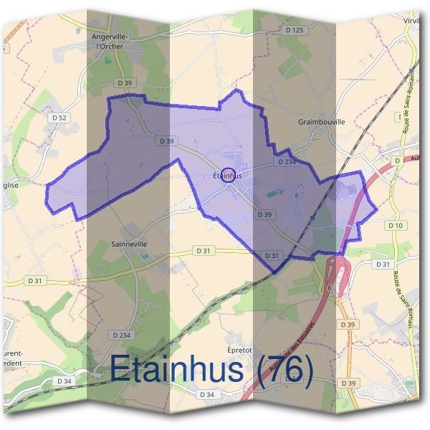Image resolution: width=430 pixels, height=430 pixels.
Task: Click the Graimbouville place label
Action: pos(321,122)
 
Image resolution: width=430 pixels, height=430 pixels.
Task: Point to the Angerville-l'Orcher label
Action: pos(108,42)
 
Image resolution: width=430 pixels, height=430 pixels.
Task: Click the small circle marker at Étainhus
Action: pos(228,175)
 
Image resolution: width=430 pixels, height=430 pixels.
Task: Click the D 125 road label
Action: pos(294,30)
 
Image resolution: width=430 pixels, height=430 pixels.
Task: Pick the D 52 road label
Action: pos(59,117)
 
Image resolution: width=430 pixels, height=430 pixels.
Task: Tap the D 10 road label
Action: pos(396,225)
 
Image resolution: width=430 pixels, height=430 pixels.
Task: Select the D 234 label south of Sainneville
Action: pos(123,335)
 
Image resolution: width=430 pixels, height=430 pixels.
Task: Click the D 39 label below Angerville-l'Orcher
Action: pos(125,83)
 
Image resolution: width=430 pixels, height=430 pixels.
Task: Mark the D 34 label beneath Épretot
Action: pos(207,395)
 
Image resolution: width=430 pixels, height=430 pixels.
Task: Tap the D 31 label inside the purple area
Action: pos(272,255)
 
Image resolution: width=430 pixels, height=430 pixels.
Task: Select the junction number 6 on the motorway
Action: pos(330,288)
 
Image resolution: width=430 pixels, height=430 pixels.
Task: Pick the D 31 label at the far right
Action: pos(382,264)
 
